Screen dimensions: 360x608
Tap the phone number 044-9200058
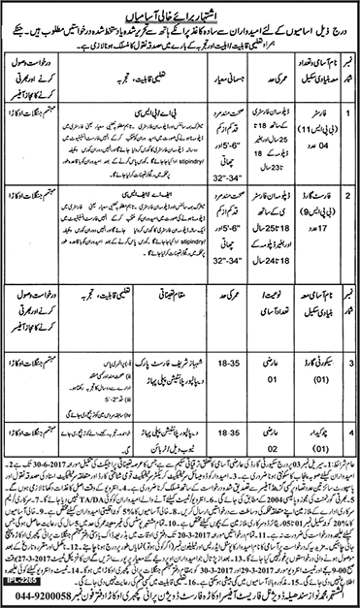pos(48,599)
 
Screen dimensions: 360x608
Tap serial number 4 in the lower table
pos(348,423)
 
